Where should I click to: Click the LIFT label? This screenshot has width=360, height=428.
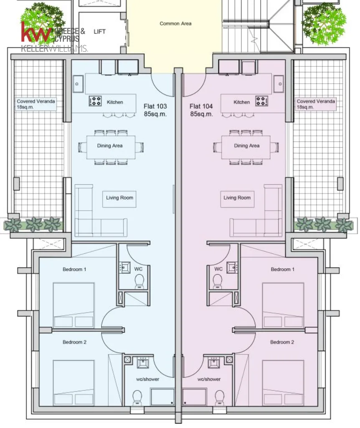99,32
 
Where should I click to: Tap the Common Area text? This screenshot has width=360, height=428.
175,23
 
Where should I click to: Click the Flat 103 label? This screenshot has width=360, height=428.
155,106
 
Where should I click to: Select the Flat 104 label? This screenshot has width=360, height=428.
201,106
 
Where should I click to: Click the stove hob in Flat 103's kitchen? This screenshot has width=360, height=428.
95,101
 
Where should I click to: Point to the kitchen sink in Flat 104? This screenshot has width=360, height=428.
280,84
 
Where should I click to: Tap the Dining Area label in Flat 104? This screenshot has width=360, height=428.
246,146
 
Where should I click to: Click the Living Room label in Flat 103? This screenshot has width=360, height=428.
119,198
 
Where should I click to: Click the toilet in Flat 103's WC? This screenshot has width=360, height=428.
139,281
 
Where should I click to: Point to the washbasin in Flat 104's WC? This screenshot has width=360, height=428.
232,267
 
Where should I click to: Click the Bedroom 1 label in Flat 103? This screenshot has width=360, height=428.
74,270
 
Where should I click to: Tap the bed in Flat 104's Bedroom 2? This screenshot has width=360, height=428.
283,382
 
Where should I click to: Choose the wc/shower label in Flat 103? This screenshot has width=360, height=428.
147,379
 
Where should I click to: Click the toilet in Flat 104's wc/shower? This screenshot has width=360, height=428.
220,398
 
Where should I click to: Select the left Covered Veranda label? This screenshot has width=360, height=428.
36,104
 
